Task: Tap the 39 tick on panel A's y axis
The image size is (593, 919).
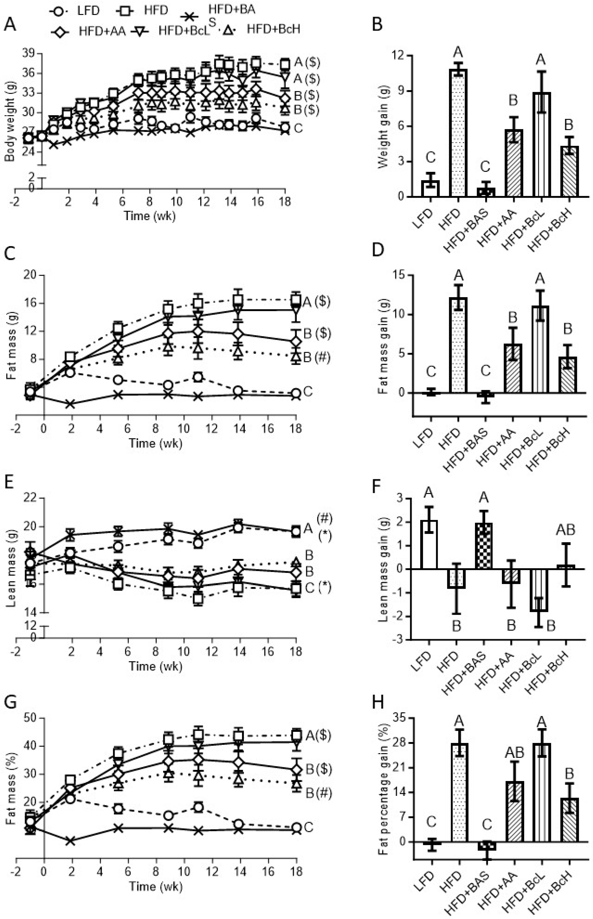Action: [x=31, y=53]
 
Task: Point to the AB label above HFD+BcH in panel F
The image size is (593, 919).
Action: [x=565, y=531]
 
